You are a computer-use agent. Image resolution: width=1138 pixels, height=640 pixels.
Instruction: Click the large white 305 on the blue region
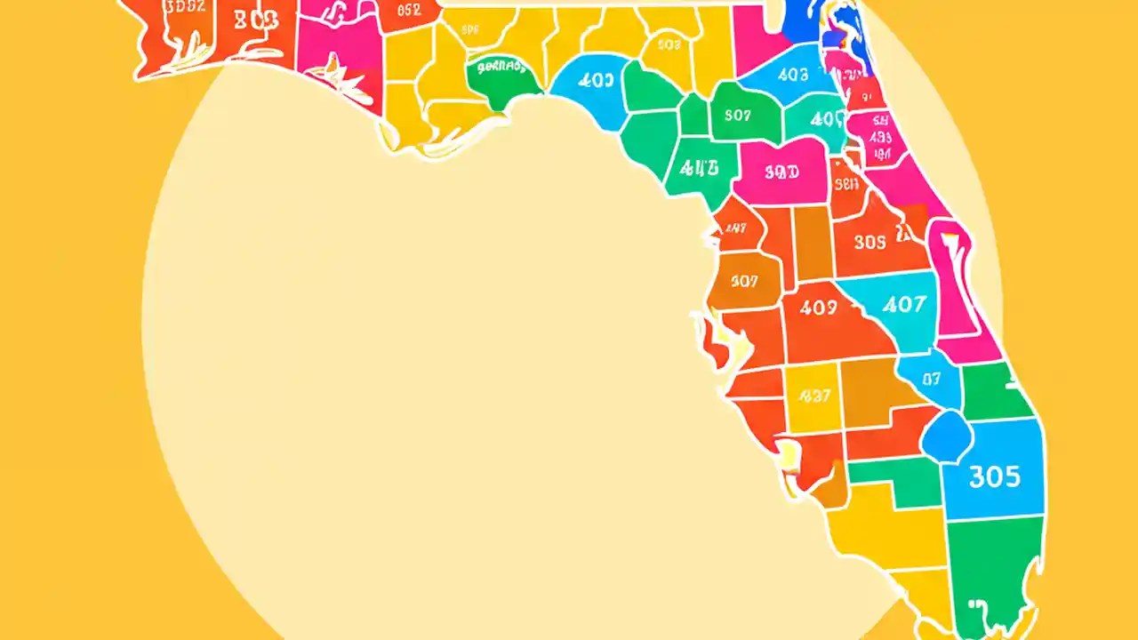pos(994,477)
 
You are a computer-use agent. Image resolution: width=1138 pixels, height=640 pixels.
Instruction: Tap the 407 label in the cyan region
pos(903,305)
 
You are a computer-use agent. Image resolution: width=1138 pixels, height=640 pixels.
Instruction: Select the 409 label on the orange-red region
pos(818,308)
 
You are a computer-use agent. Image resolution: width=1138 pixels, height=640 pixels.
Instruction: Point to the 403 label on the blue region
pos(793,76)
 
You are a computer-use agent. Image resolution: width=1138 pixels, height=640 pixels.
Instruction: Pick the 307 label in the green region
pos(738,115)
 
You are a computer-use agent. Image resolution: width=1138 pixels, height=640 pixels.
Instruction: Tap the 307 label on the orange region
pos(744,281)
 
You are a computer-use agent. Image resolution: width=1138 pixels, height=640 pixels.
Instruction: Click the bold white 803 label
pos(255,20)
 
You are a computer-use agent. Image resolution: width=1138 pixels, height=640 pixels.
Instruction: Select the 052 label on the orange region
pos(408,11)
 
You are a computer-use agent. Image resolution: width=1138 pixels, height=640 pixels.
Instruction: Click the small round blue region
pos(948,436)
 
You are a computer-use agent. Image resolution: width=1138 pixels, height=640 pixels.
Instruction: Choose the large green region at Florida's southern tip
pos(991,569)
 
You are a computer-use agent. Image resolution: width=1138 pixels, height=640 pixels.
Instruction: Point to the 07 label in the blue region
pos(931,379)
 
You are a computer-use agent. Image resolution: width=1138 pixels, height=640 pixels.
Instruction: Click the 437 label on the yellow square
pos(814,396)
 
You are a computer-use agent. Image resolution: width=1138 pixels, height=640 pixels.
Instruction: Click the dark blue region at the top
pos(804,22)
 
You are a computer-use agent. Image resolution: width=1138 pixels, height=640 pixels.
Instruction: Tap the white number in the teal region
pos(828,118)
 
